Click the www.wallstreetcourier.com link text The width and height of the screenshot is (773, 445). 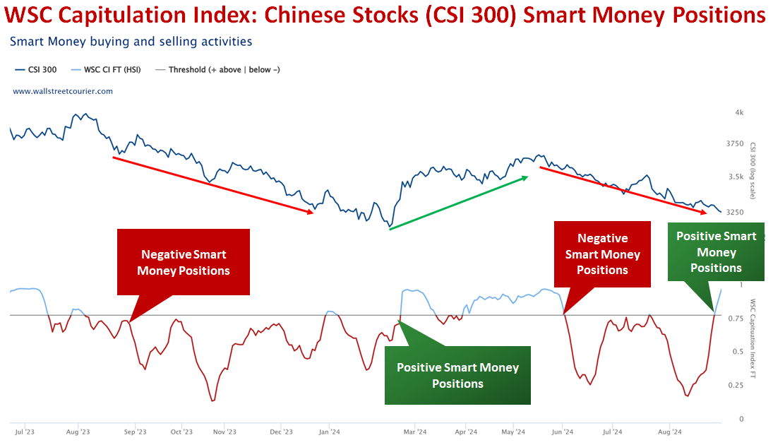click(63, 91)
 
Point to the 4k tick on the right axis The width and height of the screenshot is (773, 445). click(739, 112)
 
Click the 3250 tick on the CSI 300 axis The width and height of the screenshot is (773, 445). click(734, 212)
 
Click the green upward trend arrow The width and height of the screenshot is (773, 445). click(459, 203)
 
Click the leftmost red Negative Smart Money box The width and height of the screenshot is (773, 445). click(184, 262)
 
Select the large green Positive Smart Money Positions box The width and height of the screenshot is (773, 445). click(457, 375)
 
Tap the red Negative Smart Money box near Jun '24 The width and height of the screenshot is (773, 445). click(602, 254)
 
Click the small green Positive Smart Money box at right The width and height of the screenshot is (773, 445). click(716, 252)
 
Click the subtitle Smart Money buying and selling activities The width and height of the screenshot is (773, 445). click(131, 42)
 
